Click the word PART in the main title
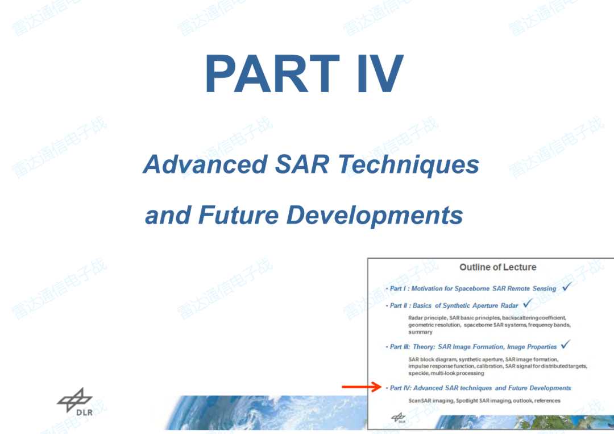tap(272, 73)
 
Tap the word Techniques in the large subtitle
tap(409, 164)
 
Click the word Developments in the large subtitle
tap(375, 216)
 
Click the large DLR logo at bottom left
tap(75, 402)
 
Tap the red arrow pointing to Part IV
tap(362, 387)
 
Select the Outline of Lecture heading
tap(497, 267)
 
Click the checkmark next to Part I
tap(567, 287)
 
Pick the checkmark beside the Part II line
tap(528, 303)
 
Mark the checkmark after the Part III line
tap(566, 344)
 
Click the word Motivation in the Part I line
tap(427, 289)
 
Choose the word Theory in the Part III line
tap(424, 346)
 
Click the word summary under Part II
tap(420, 332)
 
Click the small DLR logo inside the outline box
tap(399, 418)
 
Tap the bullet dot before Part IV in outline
tap(387, 388)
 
